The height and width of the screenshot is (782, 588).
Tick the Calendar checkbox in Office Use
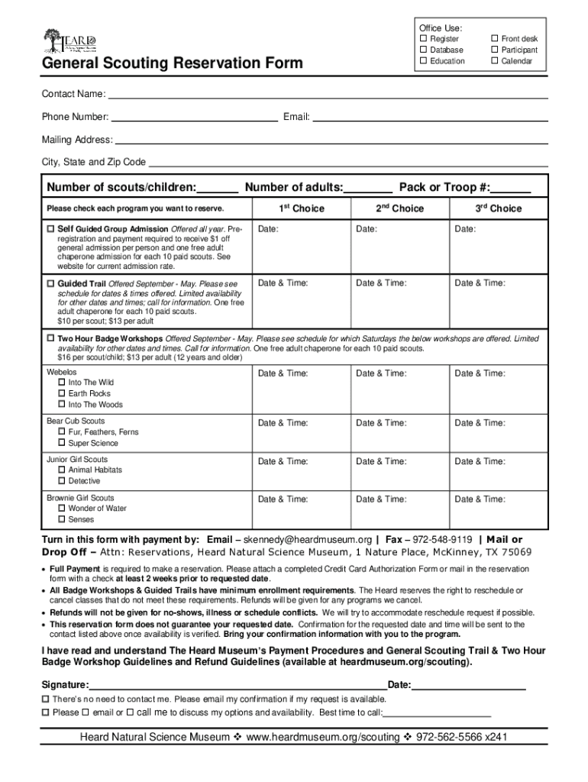pyautogui.click(x=494, y=61)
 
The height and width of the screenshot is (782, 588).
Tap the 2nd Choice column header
pyautogui.click(x=399, y=208)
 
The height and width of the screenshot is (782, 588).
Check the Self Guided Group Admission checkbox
pyautogui.click(x=50, y=229)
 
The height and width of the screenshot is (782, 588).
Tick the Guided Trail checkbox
pyautogui.click(x=50, y=283)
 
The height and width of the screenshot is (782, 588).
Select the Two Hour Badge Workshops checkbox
pyautogui.click(x=50, y=338)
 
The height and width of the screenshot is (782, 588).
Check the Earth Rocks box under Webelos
pyautogui.click(x=62, y=394)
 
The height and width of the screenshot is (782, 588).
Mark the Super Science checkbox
pyautogui.click(x=62, y=443)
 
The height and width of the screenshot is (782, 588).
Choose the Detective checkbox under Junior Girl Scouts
pyautogui.click(x=62, y=481)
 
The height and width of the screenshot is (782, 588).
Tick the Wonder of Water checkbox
pyautogui.click(x=62, y=509)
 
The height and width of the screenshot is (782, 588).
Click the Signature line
pyautogui.click(x=237, y=684)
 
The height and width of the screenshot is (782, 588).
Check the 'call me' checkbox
pyautogui.click(x=131, y=713)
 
